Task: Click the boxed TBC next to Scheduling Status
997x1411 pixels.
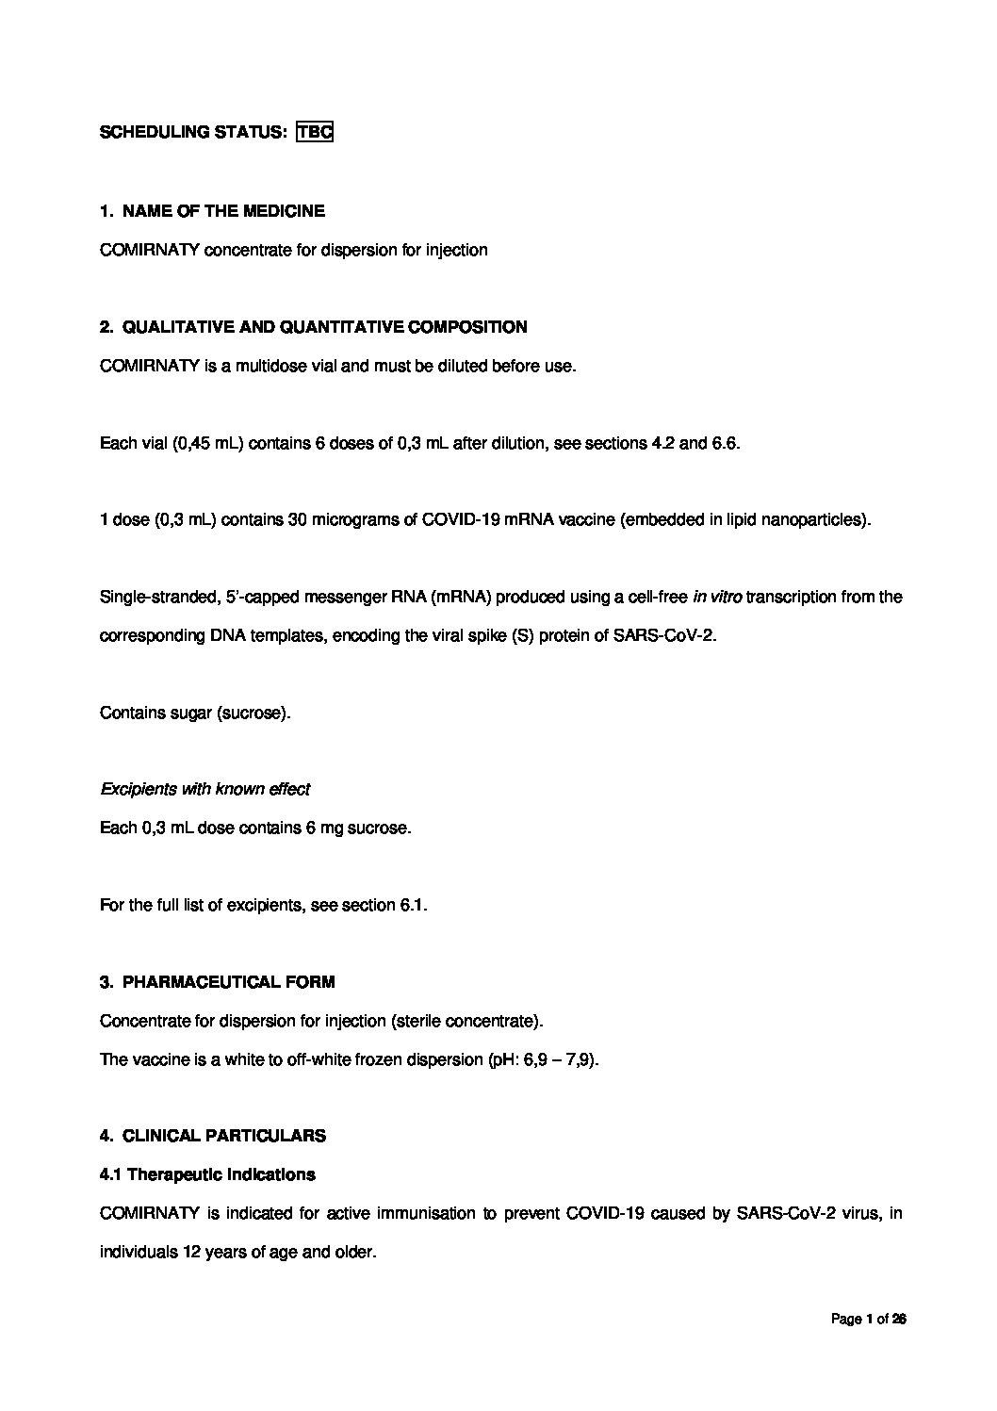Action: pos(315,132)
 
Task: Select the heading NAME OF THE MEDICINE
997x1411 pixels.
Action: pos(223,211)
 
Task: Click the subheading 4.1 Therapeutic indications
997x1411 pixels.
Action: pos(207,1174)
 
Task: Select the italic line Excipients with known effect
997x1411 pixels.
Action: pos(204,789)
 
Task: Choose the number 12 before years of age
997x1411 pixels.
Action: pos(201,1253)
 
